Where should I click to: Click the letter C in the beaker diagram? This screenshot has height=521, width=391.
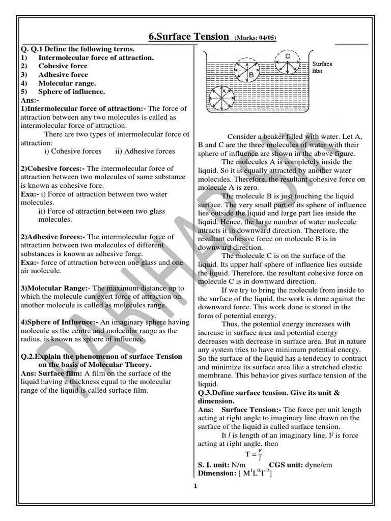coord(288,55)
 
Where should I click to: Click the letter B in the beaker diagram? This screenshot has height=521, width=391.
coord(251,74)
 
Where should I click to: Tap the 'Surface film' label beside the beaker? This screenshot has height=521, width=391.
coord(322,67)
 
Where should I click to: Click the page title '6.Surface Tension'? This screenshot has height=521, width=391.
coord(188,37)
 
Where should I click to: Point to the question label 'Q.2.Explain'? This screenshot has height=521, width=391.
coord(43,357)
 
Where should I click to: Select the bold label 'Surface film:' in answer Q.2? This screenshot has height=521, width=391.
coord(60,374)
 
